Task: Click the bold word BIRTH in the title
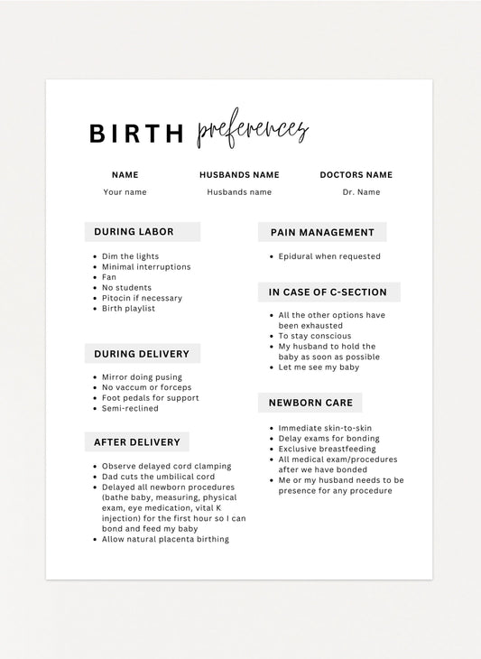135,134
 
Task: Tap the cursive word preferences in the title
252,132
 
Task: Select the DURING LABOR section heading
134,232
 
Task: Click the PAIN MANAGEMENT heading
322,233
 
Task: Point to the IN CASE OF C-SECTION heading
328,292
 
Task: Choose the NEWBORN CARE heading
310,403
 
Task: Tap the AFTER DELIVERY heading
137,441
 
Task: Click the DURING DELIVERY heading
142,354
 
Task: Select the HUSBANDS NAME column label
239,175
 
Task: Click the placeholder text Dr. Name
361,192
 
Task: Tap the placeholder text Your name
125,192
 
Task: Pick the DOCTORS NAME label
356,175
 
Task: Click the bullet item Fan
109,277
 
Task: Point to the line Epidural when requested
329,256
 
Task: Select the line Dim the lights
130,256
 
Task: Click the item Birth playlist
128,309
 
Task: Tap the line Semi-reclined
130,408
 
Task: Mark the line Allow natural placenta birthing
165,539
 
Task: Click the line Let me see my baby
319,367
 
